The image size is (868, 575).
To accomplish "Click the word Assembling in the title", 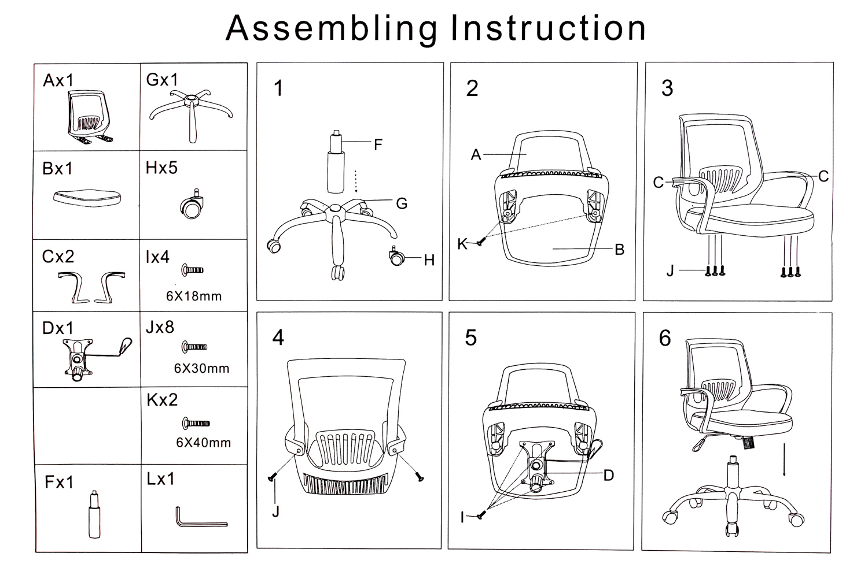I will pos(331,28).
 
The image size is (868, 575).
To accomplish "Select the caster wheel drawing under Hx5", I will pos(193,206).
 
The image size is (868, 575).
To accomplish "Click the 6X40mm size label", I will pos(203,443).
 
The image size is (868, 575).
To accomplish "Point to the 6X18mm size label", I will pos(194,296).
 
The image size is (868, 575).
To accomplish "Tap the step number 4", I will pos(278,337).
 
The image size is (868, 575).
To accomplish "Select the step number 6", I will pos(665,338).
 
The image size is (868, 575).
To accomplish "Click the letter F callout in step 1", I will pos(378,144).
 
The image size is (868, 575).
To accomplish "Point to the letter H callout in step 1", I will pos(429,261).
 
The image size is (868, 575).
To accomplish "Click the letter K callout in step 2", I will pos(462,244).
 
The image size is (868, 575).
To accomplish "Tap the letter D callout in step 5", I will pos(608,475).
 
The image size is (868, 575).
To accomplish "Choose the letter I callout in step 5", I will pos(462,518).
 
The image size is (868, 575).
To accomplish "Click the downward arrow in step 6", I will pos(784,459).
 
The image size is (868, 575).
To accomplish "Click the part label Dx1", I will pos(58,328).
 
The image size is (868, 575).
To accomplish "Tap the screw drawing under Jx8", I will pos(194,347).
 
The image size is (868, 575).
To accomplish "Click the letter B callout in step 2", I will pos(619,250).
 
